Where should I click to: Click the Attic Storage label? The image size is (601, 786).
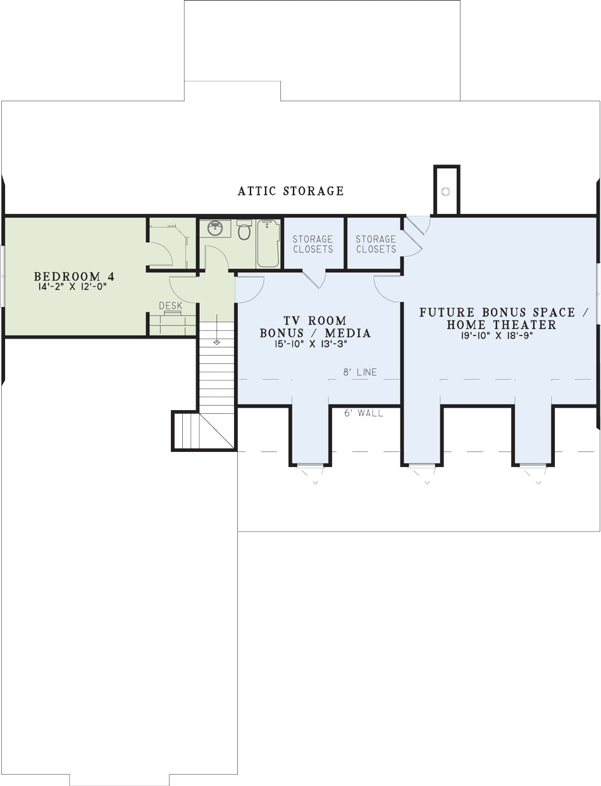(290, 191)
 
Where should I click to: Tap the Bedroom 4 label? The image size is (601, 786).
(74, 276)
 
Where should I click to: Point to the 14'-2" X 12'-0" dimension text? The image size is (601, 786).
(73, 287)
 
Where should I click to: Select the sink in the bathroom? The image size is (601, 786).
(214, 228)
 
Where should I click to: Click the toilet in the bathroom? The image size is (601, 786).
(244, 230)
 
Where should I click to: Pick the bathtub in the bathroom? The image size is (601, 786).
(268, 244)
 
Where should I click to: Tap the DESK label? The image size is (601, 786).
(170, 306)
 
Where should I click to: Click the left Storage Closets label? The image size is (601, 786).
(313, 244)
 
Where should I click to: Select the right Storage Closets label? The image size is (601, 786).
(376, 244)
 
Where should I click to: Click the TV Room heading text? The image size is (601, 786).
(315, 320)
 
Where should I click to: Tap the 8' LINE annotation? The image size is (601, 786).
(360, 372)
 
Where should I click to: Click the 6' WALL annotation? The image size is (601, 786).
(363, 413)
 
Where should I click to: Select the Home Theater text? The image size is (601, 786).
(501, 325)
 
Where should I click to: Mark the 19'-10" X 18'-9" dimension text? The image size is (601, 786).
(497, 335)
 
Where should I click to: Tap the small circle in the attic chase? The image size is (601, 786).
(445, 192)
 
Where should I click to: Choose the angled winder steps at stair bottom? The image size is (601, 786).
(204, 431)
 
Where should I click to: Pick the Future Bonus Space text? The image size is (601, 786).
(503, 312)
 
